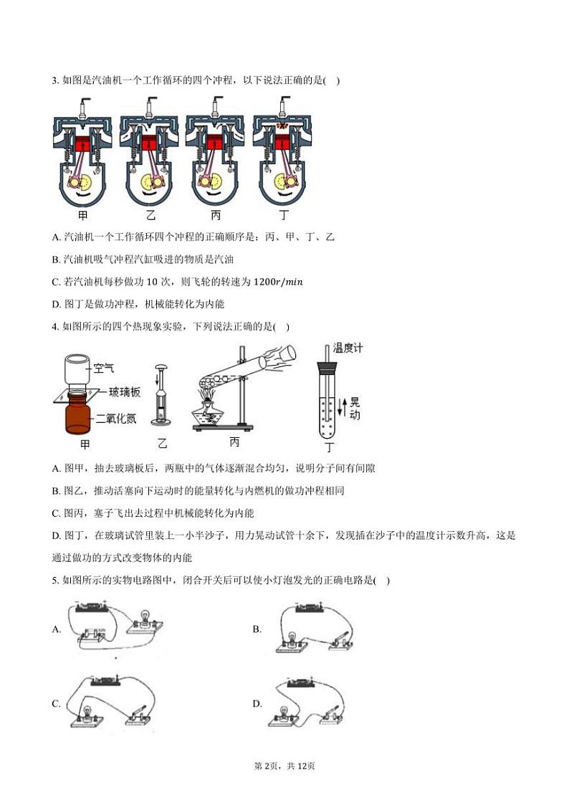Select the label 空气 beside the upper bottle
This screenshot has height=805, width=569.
pos(105,368)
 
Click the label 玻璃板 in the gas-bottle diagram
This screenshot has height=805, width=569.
pos(123,393)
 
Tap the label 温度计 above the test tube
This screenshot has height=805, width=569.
pos(349,348)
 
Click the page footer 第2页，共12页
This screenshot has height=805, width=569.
pos(284,766)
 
